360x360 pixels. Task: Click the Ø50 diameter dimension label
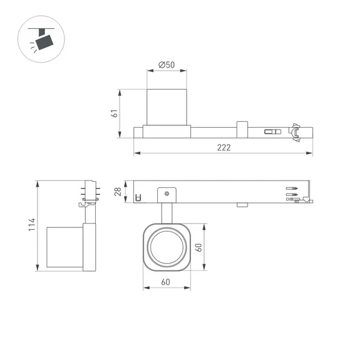[166, 65]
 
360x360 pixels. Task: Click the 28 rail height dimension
[119, 192]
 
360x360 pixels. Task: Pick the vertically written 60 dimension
[198, 247]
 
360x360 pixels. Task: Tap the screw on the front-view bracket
[166, 194]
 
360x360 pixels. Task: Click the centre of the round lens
[165, 247]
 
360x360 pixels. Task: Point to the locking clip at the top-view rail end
[297, 131]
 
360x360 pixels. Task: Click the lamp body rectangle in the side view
[65, 247]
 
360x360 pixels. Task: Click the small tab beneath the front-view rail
[240, 205]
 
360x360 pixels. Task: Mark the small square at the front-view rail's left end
[138, 197]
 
